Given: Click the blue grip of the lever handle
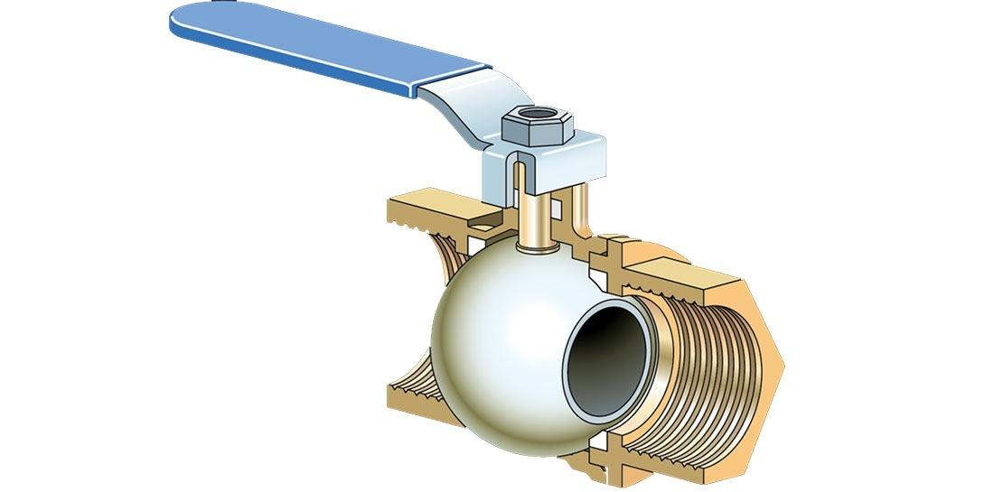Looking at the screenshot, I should tap(316, 45).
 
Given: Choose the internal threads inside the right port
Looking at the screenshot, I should tap(714, 370).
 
